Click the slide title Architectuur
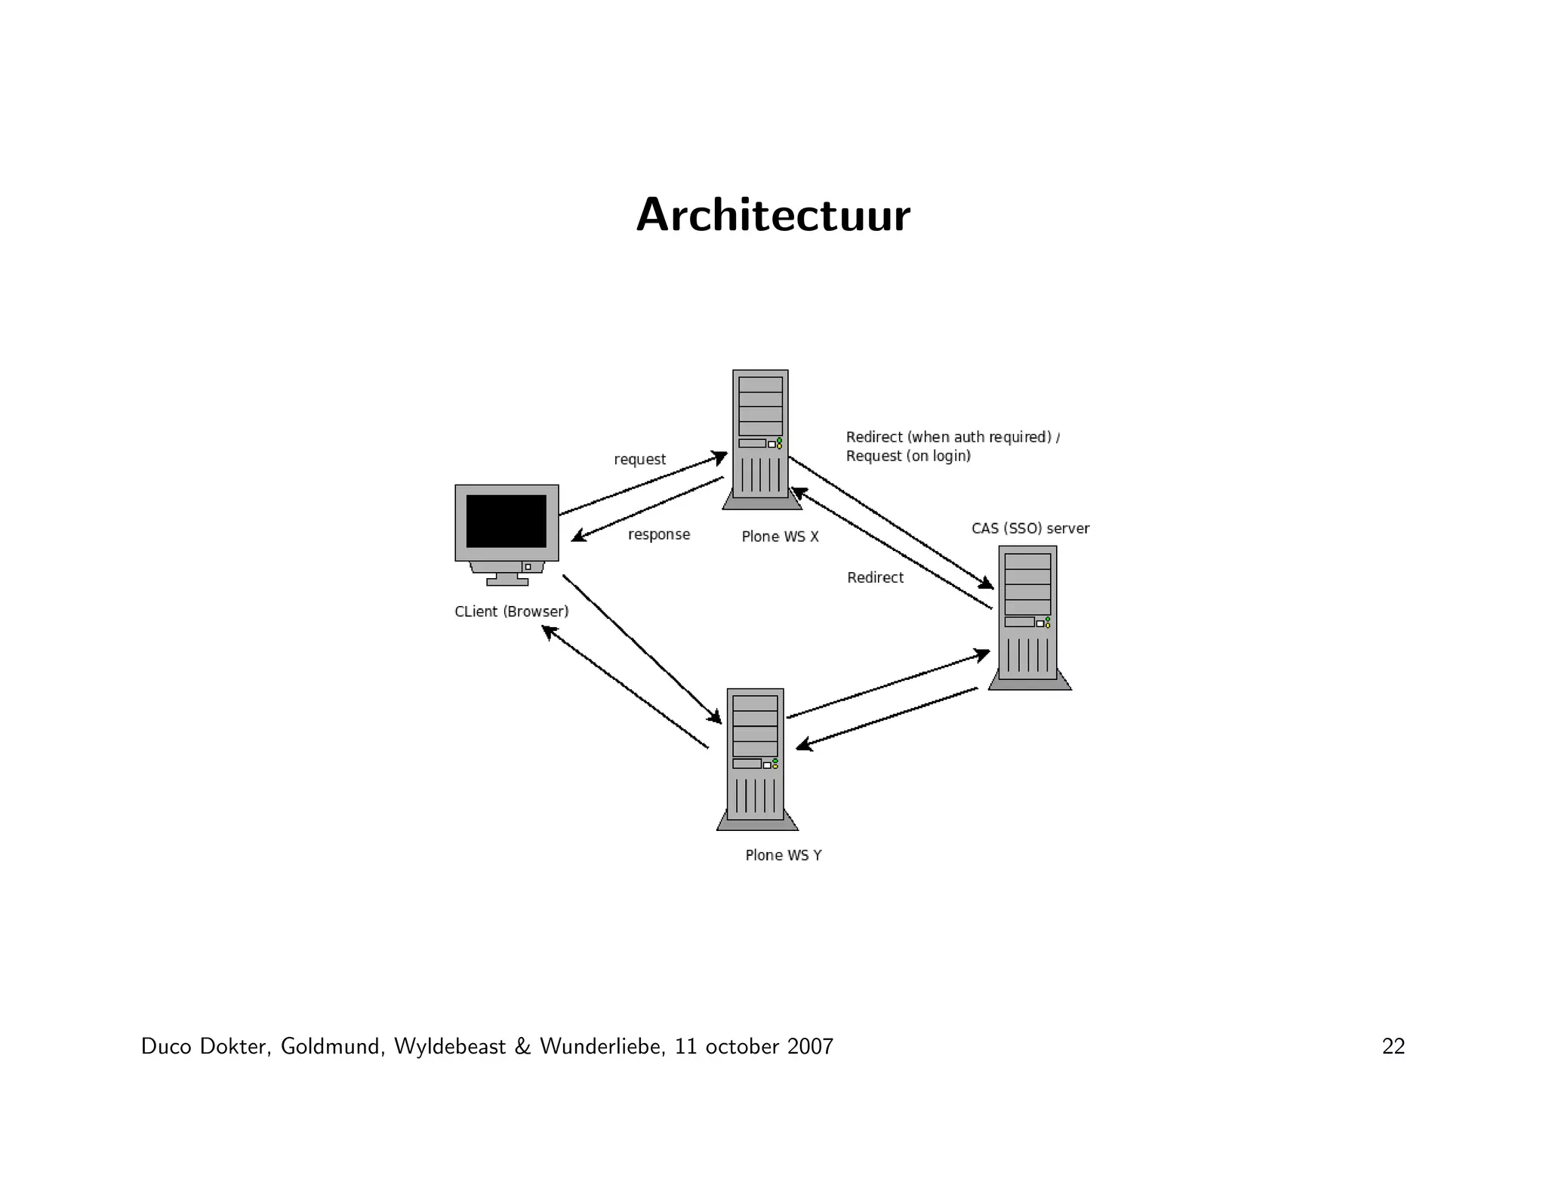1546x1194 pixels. (x=773, y=216)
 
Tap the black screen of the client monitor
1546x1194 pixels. (x=506, y=521)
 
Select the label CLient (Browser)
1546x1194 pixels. (x=511, y=611)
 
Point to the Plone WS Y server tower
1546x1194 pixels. (x=756, y=758)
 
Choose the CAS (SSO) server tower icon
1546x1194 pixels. (x=1028, y=616)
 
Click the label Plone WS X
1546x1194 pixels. (x=780, y=537)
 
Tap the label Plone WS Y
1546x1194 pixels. (x=783, y=855)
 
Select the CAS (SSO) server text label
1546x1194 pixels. (x=1030, y=528)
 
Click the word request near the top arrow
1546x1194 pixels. (x=639, y=460)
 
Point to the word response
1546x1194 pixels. (x=659, y=534)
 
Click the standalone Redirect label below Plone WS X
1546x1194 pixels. (x=875, y=577)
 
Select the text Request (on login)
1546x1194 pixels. (x=908, y=456)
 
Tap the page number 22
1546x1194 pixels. (x=1393, y=1047)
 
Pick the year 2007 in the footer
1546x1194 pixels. (x=810, y=1047)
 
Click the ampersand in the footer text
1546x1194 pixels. (x=522, y=1047)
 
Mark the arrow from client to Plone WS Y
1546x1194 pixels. (x=642, y=649)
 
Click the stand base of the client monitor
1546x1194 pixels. (x=507, y=581)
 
